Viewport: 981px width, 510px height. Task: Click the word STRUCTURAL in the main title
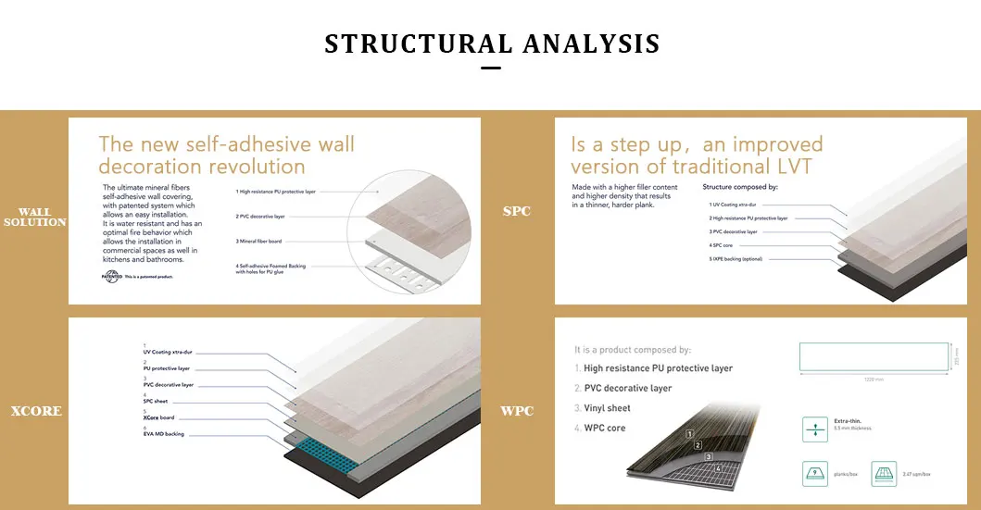tap(418, 44)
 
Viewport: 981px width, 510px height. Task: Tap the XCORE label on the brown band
tap(36, 411)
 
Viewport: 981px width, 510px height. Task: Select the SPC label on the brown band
tap(517, 211)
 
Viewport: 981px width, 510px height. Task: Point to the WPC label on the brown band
tap(517, 411)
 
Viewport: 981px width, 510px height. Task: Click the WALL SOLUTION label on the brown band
tap(35, 218)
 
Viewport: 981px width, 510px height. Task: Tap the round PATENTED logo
tap(111, 277)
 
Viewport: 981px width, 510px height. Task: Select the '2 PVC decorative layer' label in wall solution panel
tap(262, 216)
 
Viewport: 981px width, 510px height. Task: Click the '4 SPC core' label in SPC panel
tap(722, 245)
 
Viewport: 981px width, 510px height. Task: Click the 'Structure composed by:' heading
tap(740, 187)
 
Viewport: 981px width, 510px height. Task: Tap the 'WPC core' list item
tap(604, 429)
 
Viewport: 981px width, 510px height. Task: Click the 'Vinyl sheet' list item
tap(607, 408)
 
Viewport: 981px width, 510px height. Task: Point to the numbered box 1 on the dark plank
tap(689, 433)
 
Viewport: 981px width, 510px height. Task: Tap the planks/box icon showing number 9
tap(816, 474)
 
